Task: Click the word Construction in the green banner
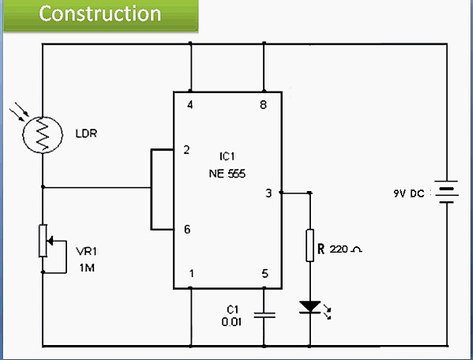pos(100,14)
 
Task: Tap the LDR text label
pos(88,134)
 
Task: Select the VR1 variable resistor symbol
pos(43,240)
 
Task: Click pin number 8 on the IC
pos(262,103)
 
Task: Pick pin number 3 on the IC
pos(267,192)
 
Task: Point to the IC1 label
pos(227,158)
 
